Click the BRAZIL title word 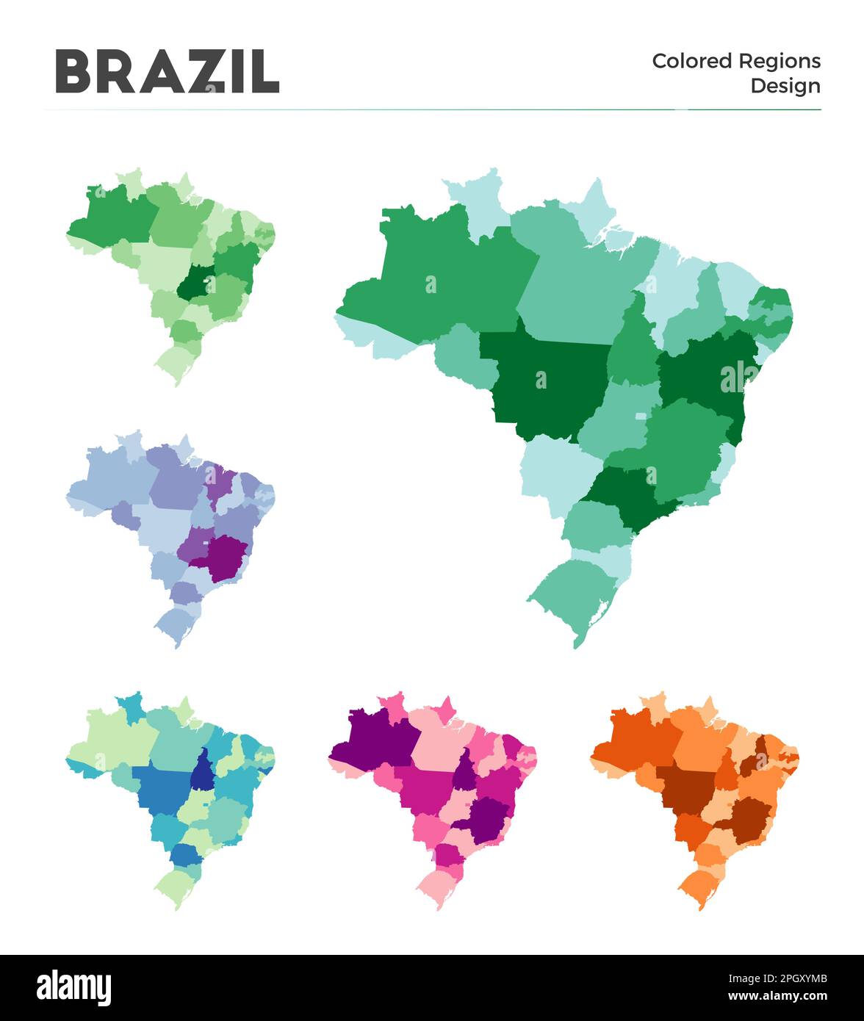(x=167, y=71)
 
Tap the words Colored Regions (x=736, y=61)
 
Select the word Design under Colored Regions (x=785, y=86)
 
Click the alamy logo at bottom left (x=73, y=987)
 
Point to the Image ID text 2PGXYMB (x=777, y=978)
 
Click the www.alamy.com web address (x=777, y=996)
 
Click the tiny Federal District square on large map (x=641, y=416)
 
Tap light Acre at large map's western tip (x=367, y=334)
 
